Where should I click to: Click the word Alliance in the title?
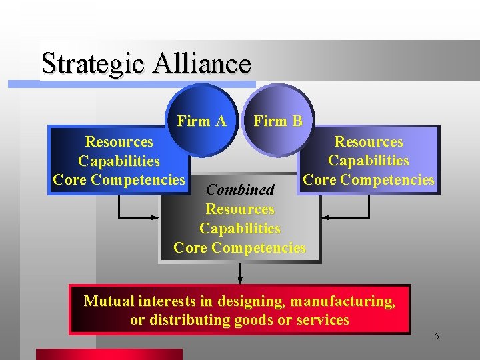click(202, 63)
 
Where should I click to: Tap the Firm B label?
click(278, 121)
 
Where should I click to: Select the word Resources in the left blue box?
click(119, 142)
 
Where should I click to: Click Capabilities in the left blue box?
click(119, 161)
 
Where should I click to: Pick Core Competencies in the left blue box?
click(119, 179)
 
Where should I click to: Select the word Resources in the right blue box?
click(368, 142)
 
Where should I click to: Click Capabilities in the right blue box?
click(368, 161)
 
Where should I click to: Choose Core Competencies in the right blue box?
click(368, 179)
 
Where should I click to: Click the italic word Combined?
click(240, 190)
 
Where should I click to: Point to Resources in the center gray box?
click(240, 209)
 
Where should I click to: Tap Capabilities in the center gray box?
click(240, 228)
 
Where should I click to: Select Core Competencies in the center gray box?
click(240, 247)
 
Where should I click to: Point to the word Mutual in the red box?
click(107, 301)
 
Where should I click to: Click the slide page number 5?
click(437, 336)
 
